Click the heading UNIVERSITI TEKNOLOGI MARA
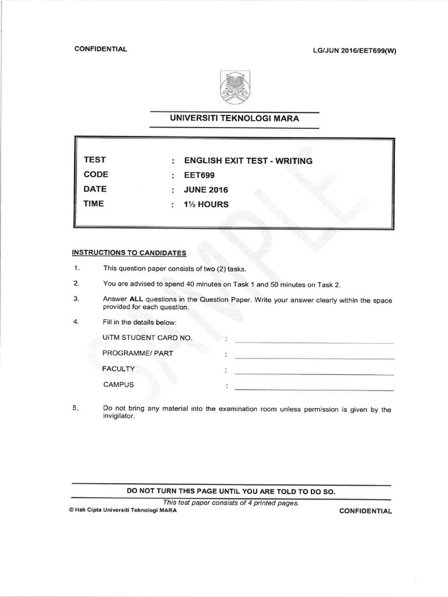point(235,118)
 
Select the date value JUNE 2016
point(206,189)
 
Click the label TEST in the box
point(94,160)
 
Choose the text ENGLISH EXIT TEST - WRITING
point(249,160)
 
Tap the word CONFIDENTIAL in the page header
point(101,49)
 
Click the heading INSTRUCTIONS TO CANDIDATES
point(129,253)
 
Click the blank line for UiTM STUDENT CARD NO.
point(314,343)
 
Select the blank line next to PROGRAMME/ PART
point(314,358)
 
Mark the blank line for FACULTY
point(314,374)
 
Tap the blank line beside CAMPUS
point(314,389)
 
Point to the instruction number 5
point(76,409)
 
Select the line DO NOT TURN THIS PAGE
point(231,491)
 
